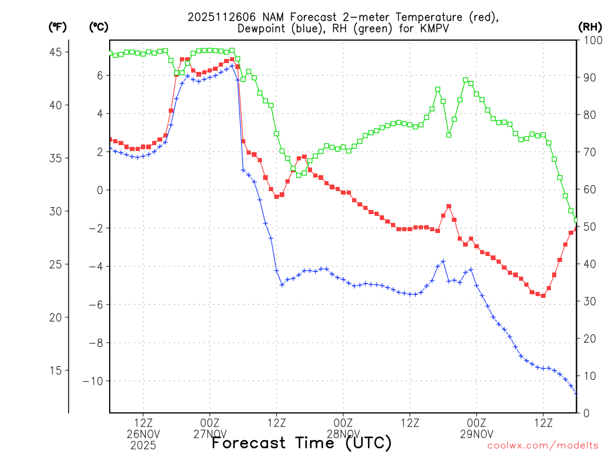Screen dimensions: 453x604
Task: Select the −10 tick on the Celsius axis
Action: pyautogui.click(x=93, y=381)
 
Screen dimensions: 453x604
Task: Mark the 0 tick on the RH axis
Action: pyautogui.click(x=584, y=413)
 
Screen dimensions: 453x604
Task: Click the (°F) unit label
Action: pyautogui.click(x=57, y=27)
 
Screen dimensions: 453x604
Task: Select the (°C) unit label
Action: pyautogui.click(x=99, y=27)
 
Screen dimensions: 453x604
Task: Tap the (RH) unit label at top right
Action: pyautogui.click(x=590, y=27)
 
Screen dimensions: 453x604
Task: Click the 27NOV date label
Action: pyautogui.click(x=210, y=434)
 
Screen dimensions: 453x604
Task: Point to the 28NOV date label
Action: pyautogui.click(x=343, y=434)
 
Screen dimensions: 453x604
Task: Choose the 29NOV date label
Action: pyautogui.click(x=477, y=434)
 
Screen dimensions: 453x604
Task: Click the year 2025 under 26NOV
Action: pyautogui.click(x=143, y=445)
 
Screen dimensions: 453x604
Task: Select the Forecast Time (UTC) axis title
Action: pyautogui.click(x=301, y=442)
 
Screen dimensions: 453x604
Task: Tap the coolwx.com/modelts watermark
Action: pyautogui.click(x=543, y=447)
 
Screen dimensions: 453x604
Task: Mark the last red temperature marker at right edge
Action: pyautogui.click(x=576, y=228)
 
